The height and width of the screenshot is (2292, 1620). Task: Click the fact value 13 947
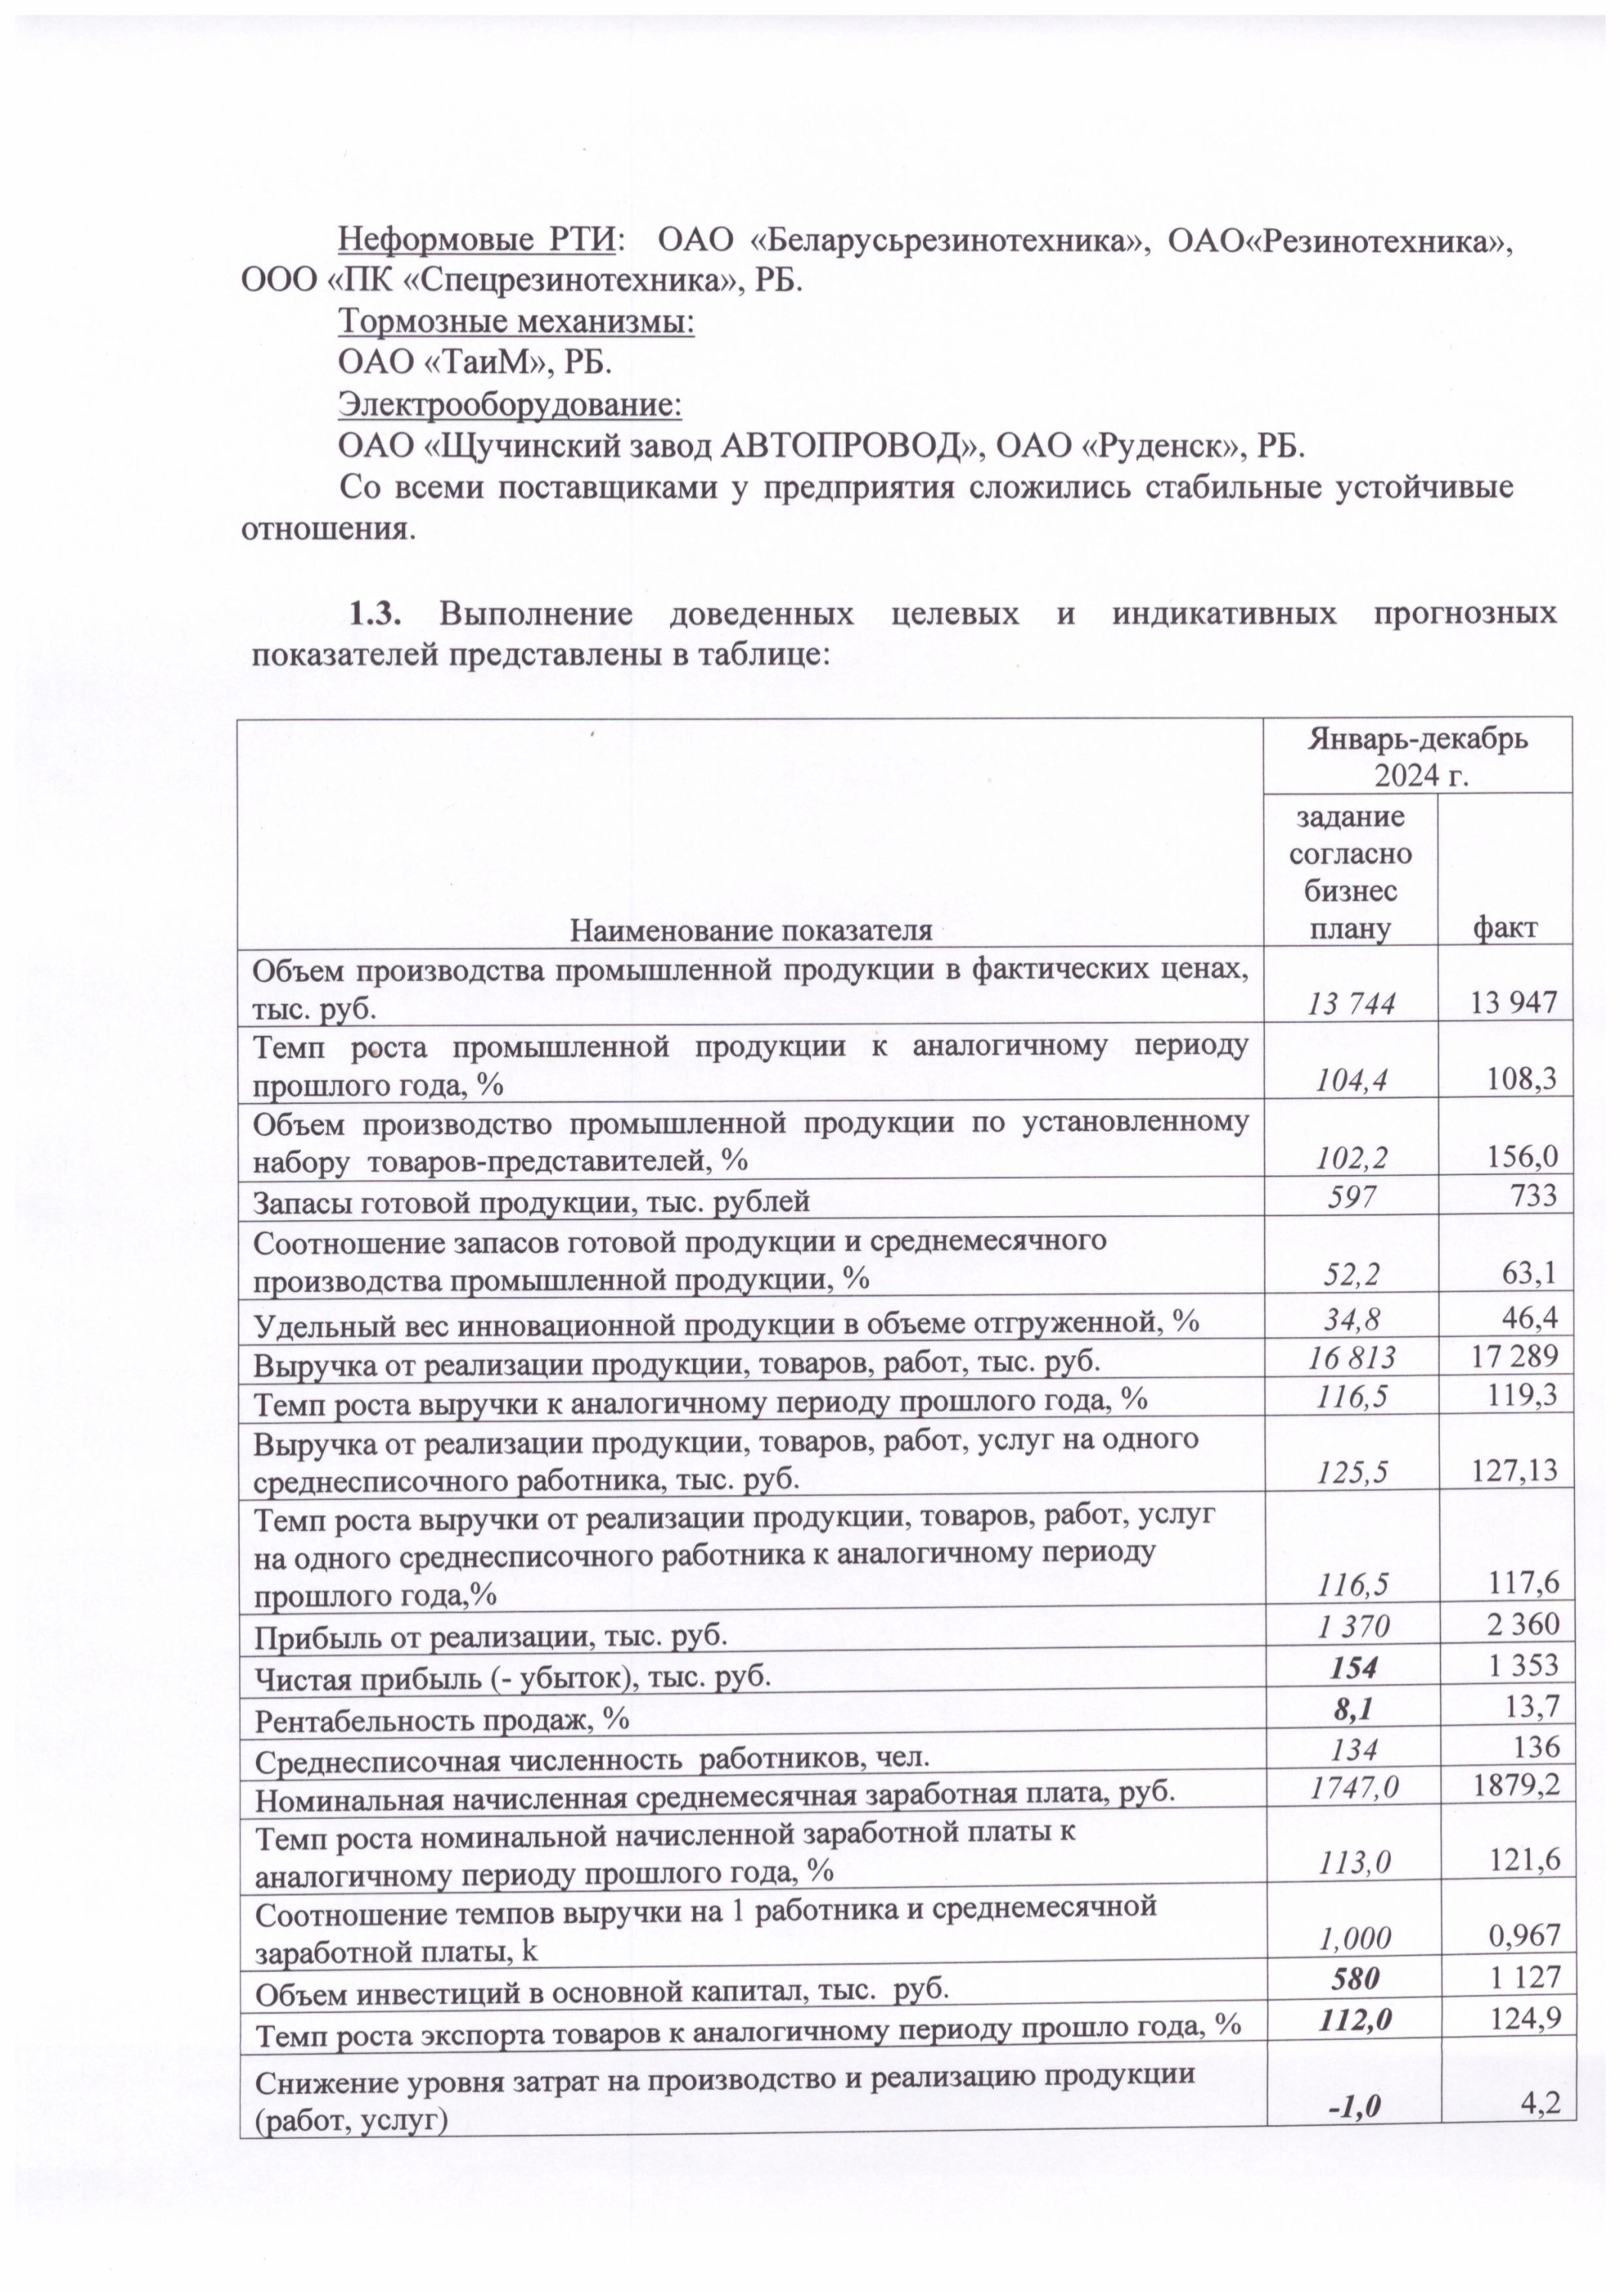click(x=1509, y=1002)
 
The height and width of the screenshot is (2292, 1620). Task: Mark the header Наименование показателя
click(x=750, y=931)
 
